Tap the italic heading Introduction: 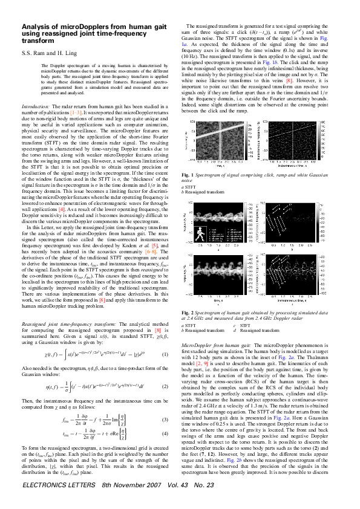(36, 105)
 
